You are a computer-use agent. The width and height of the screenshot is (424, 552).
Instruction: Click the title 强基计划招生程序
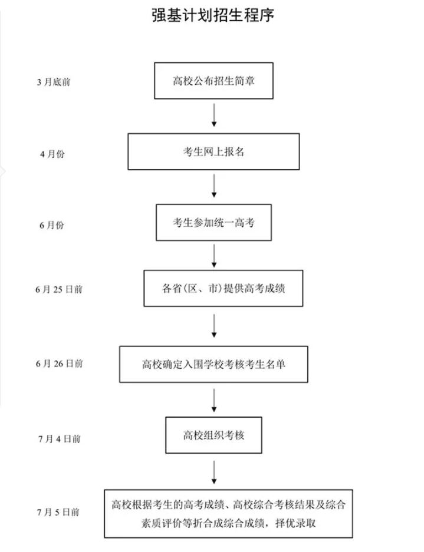(213, 15)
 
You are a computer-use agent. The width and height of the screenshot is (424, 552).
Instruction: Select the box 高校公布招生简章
(213, 81)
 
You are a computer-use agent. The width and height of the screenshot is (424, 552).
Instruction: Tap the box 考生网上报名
(213, 151)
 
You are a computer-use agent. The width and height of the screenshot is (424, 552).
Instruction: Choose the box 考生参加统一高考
(213, 223)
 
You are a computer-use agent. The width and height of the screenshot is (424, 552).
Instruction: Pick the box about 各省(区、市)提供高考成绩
(223, 288)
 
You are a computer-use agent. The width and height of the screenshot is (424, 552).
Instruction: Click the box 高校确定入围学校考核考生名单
(213, 364)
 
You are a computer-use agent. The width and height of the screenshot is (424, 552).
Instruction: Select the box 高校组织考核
(213, 435)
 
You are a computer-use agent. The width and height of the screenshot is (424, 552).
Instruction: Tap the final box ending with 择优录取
(228, 514)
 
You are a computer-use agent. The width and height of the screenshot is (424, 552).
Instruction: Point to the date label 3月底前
(54, 82)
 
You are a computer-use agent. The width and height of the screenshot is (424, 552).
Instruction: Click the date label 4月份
(52, 154)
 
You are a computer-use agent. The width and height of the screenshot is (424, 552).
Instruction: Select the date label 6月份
(52, 225)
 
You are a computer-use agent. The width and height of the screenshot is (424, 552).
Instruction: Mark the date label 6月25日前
(59, 289)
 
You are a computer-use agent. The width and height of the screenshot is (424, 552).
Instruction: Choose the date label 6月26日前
(59, 363)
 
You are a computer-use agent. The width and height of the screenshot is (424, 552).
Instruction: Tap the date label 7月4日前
(60, 439)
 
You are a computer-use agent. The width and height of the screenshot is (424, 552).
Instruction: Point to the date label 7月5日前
(58, 512)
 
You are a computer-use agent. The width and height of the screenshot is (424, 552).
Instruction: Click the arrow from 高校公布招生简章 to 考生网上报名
(214, 115)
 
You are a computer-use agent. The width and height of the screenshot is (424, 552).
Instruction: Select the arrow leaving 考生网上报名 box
(214, 186)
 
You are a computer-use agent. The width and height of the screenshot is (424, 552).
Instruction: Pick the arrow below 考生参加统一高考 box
(214, 256)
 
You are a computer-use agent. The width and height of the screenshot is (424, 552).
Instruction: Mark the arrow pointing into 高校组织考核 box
(214, 400)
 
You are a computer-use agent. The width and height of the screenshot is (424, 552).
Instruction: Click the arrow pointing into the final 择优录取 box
(214, 472)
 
